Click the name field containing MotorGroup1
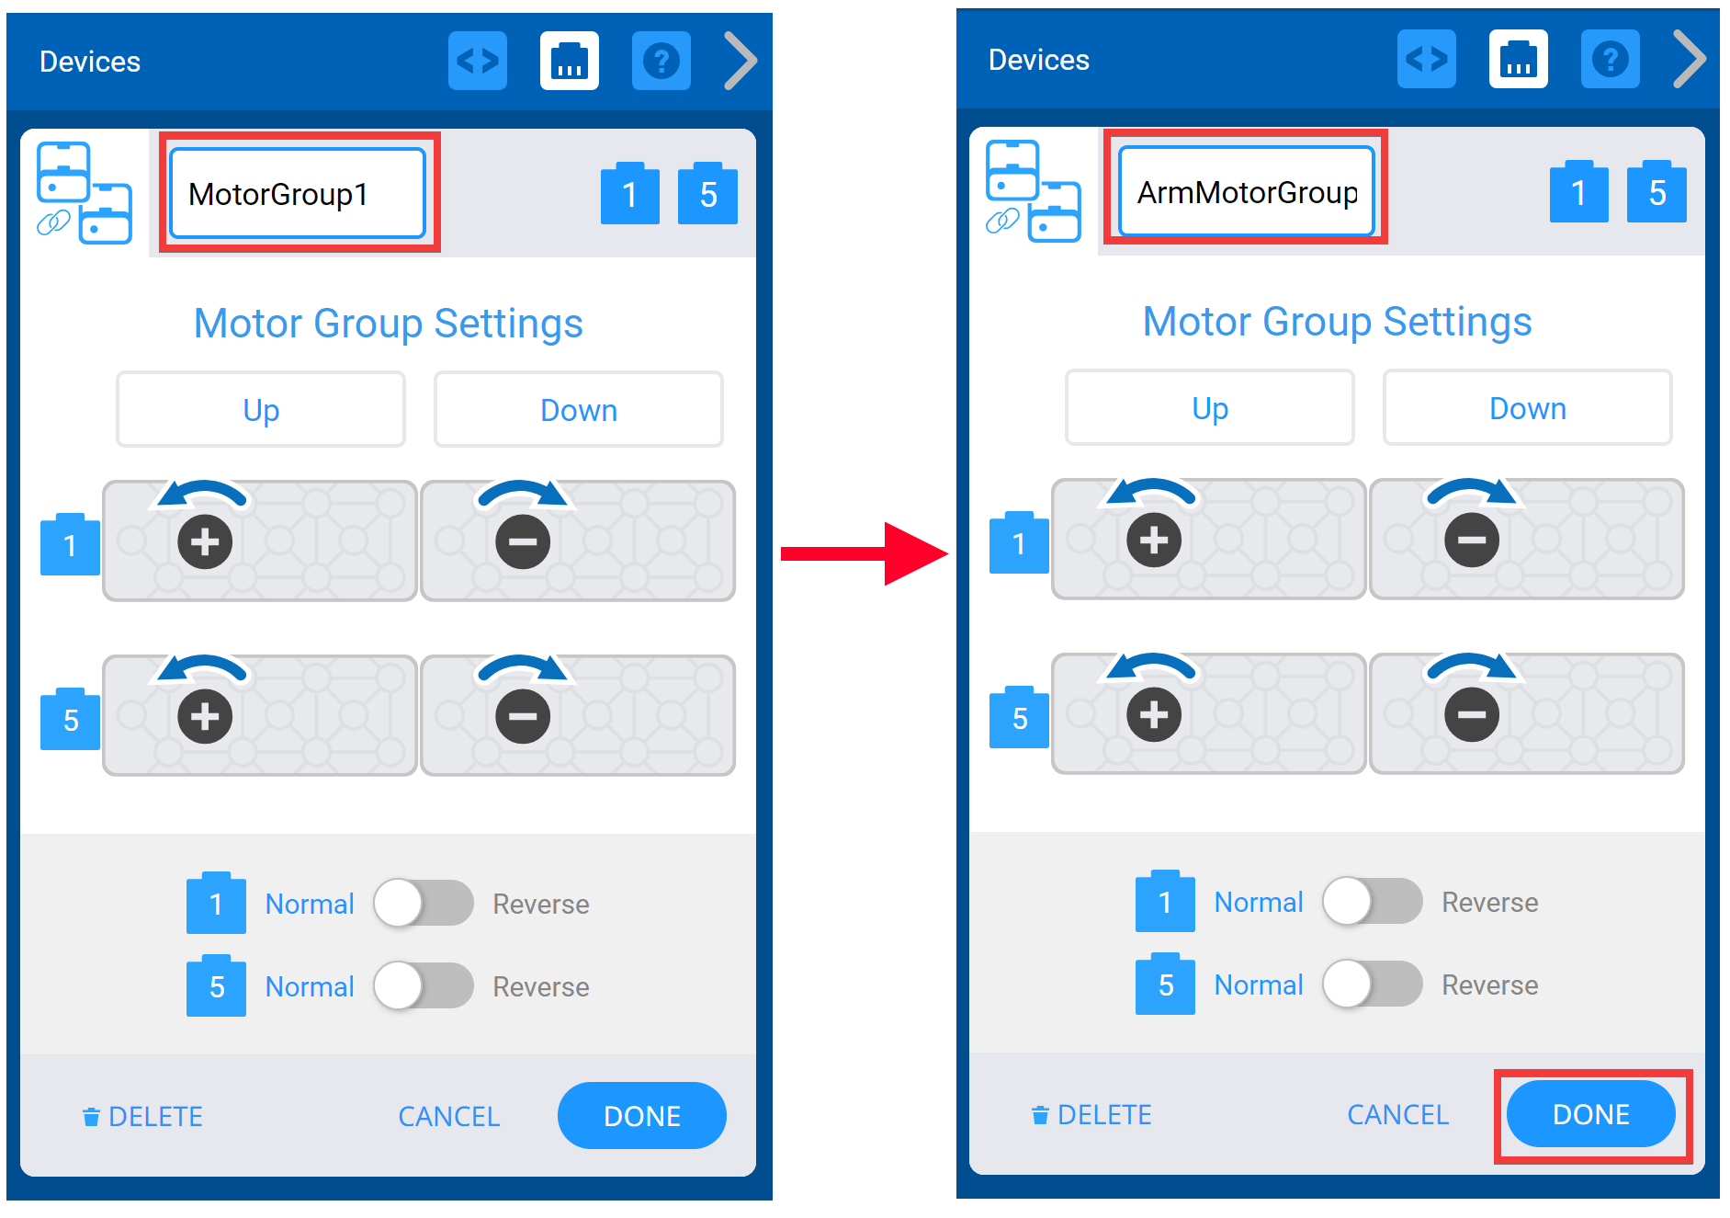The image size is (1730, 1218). (x=298, y=194)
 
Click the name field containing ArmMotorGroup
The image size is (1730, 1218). (x=1246, y=192)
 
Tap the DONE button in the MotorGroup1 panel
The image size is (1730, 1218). (x=641, y=1116)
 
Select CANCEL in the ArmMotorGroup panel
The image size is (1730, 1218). (x=1397, y=1115)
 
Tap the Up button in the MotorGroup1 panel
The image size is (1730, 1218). (x=261, y=410)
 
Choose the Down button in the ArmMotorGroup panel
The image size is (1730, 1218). (x=1527, y=408)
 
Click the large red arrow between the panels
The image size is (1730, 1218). (x=864, y=553)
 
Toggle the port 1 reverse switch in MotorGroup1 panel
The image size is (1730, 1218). (x=424, y=904)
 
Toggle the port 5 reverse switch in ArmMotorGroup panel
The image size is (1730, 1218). (x=1373, y=985)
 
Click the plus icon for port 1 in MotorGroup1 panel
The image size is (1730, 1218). (x=205, y=542)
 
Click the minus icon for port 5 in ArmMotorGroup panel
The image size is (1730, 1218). (x=1472, y=715)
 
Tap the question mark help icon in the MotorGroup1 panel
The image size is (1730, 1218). (x=661, y=62)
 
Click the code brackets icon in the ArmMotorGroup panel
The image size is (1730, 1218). (x=1426, y=60)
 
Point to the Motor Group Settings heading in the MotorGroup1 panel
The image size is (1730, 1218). (x=388, y=324)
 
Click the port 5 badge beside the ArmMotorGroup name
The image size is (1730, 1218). (x=1657, y=193)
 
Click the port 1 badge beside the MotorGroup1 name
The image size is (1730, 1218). (x=629, y=195)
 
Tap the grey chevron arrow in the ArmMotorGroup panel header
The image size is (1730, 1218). (x=1689, y=60)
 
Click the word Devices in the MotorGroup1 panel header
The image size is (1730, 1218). (x=90, y=62)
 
